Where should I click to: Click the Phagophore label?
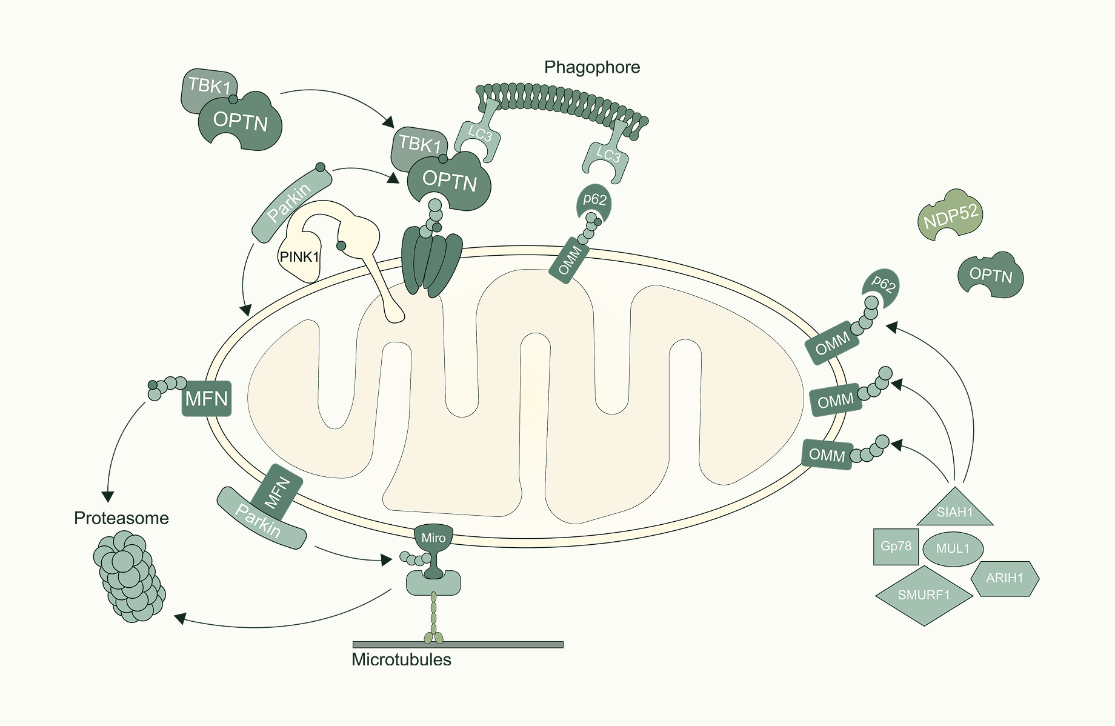click(591, 67)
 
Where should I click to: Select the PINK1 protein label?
click(299, 257)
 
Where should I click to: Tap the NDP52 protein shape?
click(950, 215)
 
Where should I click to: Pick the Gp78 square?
click(896, 546)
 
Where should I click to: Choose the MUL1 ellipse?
click(953, 548)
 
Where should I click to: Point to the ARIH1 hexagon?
click(1004, 578)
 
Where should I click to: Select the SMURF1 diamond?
click(924, 595)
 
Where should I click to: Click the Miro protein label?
click(433, 538)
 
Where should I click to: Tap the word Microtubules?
click(401, 659)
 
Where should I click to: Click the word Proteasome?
click(121, 518)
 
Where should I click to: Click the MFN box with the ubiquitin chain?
click(207, 399)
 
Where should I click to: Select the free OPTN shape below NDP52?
click(991, 275)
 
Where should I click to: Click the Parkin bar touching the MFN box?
click(261, 519)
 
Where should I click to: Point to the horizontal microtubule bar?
click(458, 644)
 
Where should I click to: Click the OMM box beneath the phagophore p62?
click(569, 261)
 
